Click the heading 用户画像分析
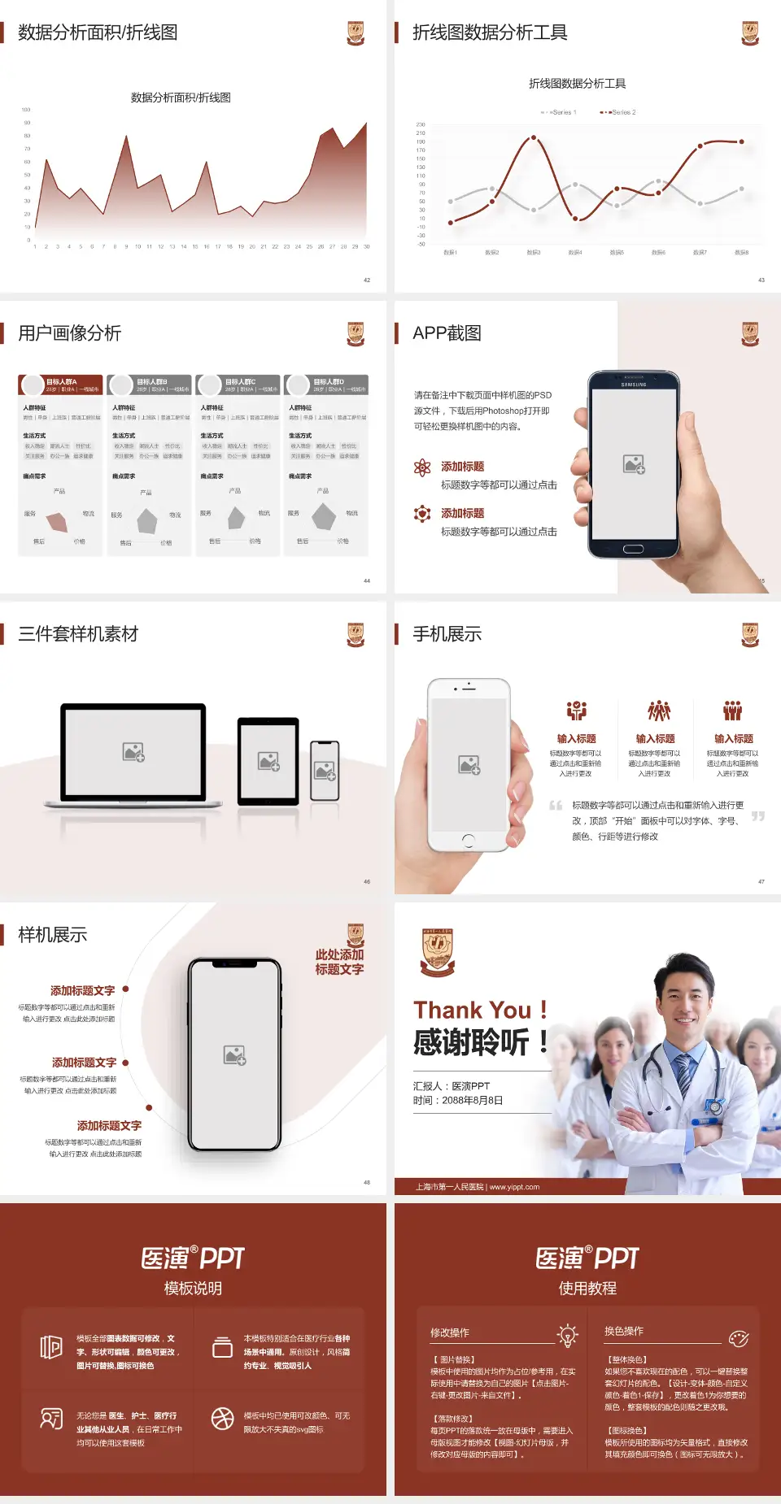70,333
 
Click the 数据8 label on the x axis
741,253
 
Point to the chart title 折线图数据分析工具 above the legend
577,84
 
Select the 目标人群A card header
61,385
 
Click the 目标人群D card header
326,385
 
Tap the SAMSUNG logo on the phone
634,385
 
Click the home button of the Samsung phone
633,550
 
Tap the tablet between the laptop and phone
268,761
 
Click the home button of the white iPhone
468,840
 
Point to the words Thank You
472,1010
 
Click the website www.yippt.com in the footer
514,1187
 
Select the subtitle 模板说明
193,1289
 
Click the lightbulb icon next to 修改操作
567,1335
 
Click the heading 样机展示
53,935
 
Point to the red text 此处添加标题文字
339,962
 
